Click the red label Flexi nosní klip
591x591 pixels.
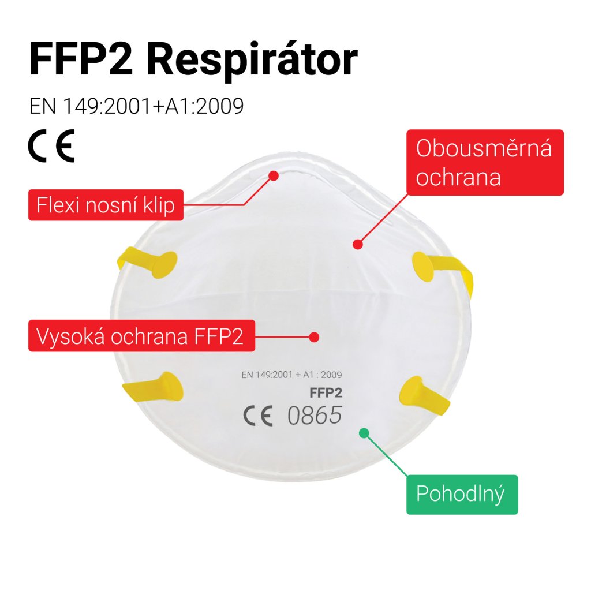[106, 205]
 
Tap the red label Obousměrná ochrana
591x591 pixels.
[485, 163]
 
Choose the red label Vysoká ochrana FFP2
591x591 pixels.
[141, 335]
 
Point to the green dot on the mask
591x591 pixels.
[364, 432]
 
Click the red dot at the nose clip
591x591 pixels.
[274, 174]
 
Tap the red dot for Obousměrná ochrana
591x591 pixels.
[357, 244]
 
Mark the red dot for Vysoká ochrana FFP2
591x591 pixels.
[315, 336]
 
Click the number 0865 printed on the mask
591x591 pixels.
[315, 415]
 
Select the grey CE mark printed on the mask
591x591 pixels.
[258, 416]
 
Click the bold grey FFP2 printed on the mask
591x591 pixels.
[326, 394]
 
